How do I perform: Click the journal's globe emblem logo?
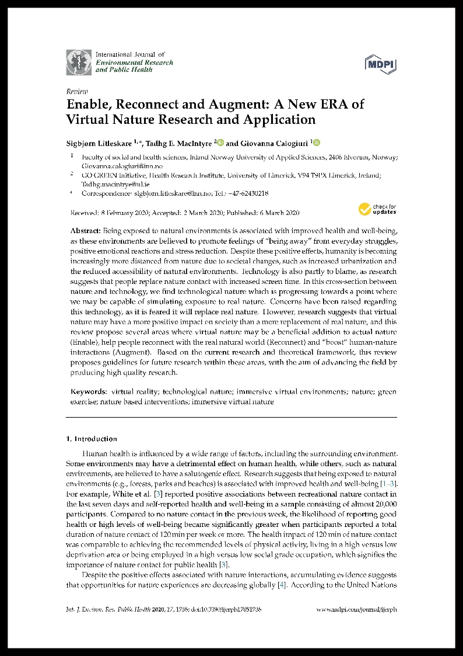click(x=78, y=62)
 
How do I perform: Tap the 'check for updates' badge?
click(x=377, y=209)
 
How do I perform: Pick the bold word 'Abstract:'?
click(x=86, y=231)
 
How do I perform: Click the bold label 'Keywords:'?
click(x=89, y=391)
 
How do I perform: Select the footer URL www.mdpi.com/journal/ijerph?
click(x=356, y=609)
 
